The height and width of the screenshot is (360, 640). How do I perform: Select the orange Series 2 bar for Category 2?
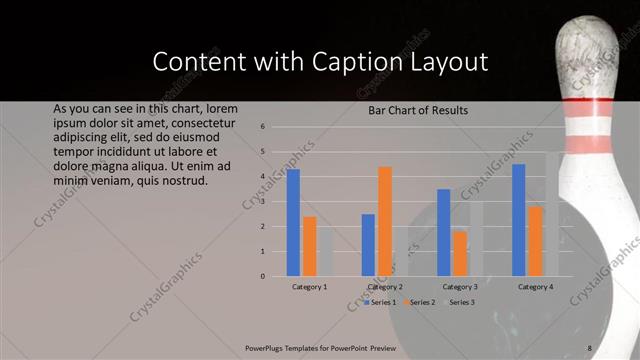point(385,221)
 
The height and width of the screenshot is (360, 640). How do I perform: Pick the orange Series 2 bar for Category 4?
point(536,241)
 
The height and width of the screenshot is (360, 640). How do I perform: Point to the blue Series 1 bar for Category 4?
point(519,220)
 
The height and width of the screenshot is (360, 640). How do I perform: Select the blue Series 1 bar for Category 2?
point(368,245)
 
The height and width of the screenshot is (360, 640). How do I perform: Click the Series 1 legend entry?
point(381,301)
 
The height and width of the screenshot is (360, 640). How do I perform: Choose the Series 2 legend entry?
point(421,301)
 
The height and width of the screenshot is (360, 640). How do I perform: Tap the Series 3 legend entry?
point(460,301)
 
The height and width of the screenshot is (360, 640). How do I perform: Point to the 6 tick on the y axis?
point(262,127)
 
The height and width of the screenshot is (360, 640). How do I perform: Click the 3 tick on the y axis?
point(262,201)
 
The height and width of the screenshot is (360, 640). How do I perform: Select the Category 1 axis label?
point(309,287)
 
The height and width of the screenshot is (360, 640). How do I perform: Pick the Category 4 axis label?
point(536,287)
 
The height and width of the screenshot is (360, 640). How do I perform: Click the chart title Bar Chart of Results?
point(412,110)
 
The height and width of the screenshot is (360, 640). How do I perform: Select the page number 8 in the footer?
point(589,348)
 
